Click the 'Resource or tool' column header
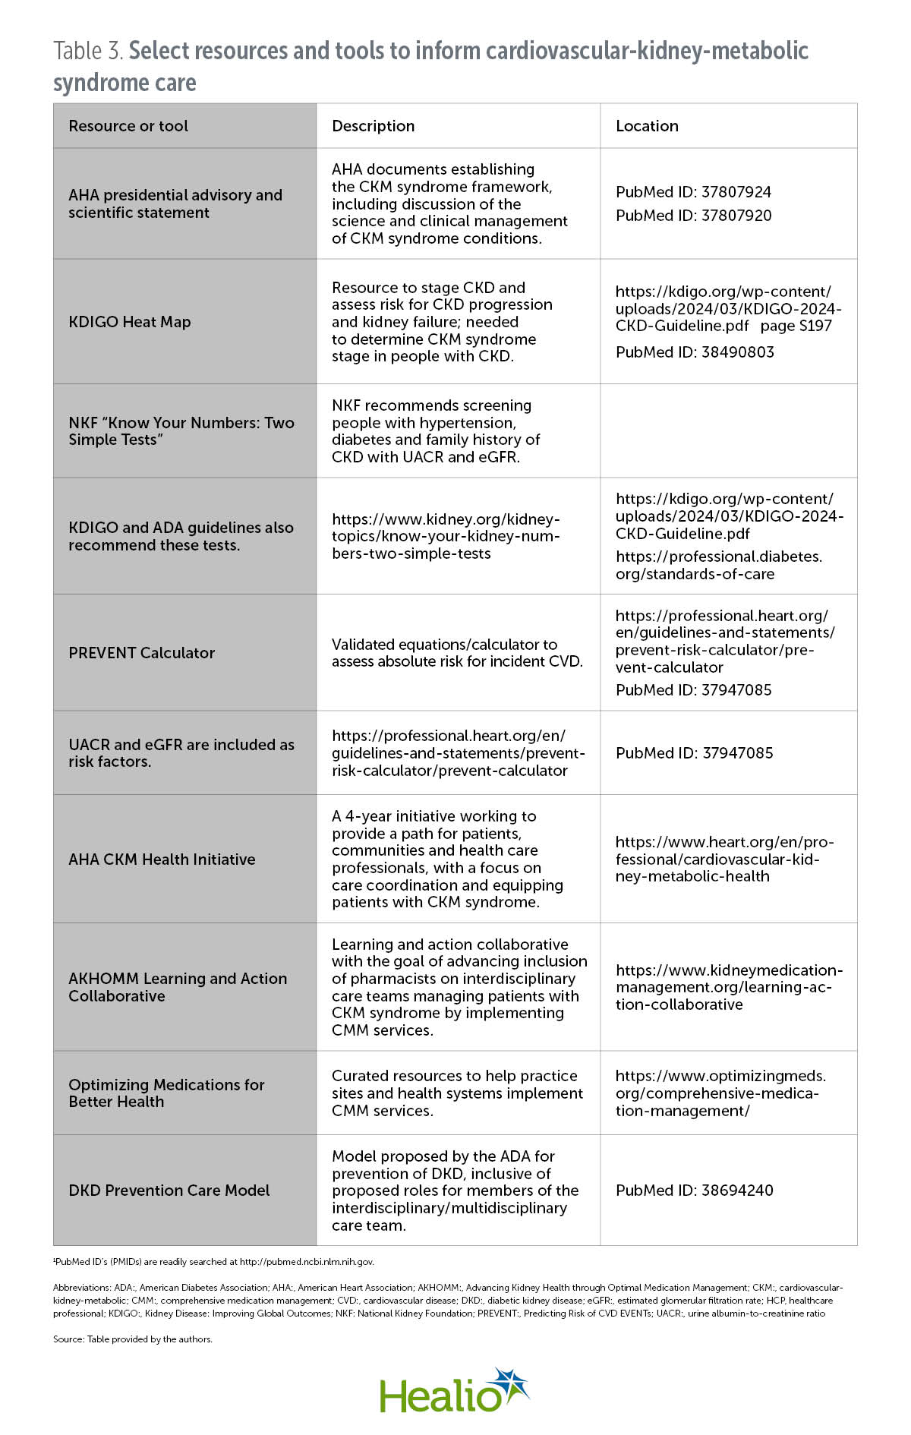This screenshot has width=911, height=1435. point(128,126)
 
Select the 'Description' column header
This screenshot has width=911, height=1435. point(373,126)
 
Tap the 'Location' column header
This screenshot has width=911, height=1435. point(647,126)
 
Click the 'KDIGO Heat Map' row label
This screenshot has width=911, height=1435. point(130,322)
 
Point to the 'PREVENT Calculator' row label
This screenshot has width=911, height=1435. point(142,653)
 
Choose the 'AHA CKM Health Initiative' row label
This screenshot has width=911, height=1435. point(162,859)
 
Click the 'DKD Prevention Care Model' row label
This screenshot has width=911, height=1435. point(169,1191)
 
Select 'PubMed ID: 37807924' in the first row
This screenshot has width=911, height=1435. point(693,192)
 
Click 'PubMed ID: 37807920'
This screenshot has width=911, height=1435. point(693,216)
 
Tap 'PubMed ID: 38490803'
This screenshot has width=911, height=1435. point(695,352)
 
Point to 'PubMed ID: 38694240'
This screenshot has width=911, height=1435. point(695,1191)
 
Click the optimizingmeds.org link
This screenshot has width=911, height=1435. point(720,1093)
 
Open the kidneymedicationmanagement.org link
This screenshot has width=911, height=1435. point(728,987)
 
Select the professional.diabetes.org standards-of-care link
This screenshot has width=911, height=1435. point(718,566)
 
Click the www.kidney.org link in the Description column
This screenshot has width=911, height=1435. point(446,536)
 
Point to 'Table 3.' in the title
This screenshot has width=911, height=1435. point(88,51)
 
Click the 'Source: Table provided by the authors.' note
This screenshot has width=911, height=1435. point(133,1339)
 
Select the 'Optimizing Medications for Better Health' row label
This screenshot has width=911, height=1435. point(166,1093)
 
